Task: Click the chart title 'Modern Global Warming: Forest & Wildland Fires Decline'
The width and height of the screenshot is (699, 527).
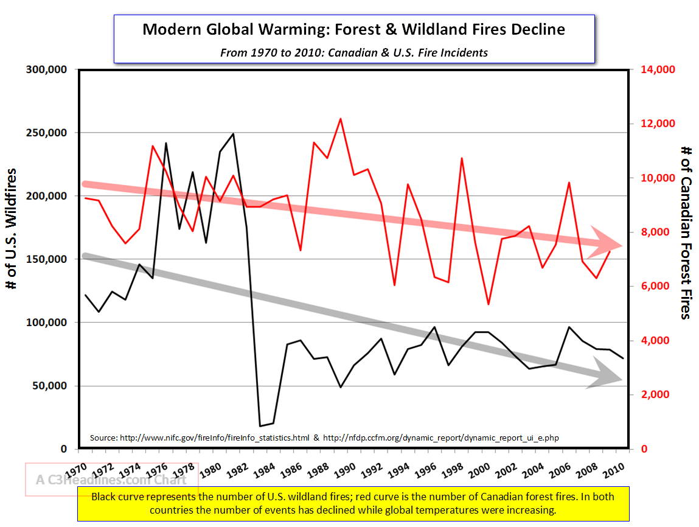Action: [x=353, y=29]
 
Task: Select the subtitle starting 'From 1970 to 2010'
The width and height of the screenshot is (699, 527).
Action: [x=353, y=52]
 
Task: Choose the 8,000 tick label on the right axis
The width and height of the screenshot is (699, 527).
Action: [x=654, y=232]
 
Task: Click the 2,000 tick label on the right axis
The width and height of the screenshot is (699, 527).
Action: [x=654, y=394]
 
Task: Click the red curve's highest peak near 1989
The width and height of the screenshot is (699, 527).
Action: [x=341, y=119]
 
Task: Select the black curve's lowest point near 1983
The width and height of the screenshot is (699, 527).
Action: [x=260, y=426]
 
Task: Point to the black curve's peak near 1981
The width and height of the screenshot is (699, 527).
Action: [x=233, y=133]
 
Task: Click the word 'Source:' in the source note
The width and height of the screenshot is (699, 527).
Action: [x=103, y=438]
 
